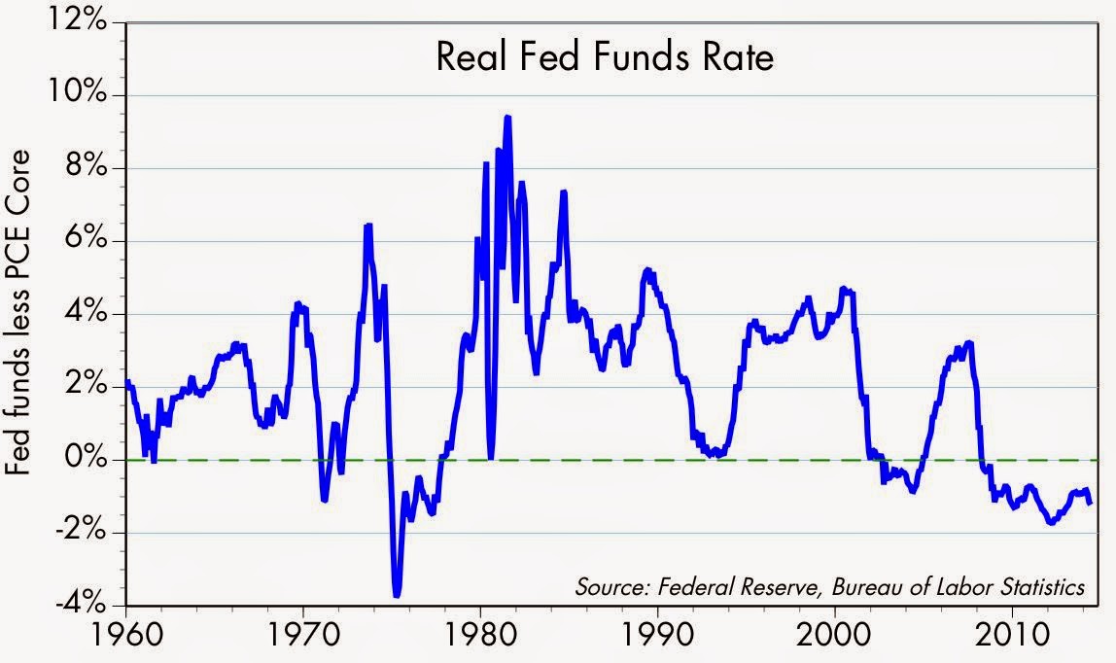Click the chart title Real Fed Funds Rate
[x=605, y=57]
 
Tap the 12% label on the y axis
[x=79, y=22]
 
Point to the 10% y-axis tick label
[x=79, y=94]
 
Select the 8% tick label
[x=87, y=168]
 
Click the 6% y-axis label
[x=87, y=240]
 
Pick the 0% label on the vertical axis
[x=87, y=459]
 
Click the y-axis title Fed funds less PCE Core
[x=18, y=312]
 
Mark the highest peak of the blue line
[x=507, y=117]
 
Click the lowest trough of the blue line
[x=397, y=595]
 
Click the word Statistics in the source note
[x=1043, y=587]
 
